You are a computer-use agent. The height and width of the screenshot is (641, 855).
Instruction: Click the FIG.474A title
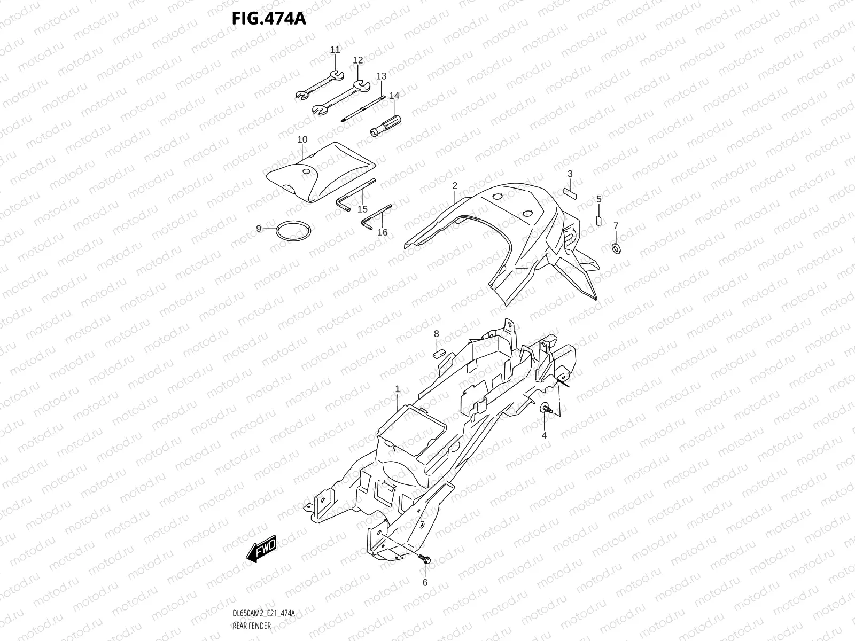click(268, 18)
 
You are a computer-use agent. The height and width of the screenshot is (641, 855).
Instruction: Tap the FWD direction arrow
click(261, 548)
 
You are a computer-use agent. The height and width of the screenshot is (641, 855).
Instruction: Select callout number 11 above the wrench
click(335, 50)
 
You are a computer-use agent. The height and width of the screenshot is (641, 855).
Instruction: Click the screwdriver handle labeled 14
click(386, 125)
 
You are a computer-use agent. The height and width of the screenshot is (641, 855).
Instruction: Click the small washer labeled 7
click(615, 248)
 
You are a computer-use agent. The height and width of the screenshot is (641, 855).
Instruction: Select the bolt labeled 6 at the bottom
click(425, 559)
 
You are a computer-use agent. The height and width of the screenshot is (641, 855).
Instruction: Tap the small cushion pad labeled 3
click(570, 192)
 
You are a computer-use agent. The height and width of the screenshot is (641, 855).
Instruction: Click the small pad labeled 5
click(598, 221)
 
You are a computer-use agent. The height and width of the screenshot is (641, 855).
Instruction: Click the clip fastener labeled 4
click(546, 409)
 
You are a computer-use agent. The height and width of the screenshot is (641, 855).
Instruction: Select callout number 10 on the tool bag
click(302, 140)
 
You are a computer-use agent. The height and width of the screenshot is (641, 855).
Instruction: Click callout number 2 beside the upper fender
click(455, 186)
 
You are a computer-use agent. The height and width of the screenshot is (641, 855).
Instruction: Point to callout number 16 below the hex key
click(383, 232)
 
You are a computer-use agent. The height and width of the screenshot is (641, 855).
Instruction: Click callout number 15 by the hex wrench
click(363, 209)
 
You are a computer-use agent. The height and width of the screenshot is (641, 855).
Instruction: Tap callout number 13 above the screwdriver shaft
click(381, 76)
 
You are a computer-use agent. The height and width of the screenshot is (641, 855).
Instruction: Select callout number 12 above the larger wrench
click(358, 60)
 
